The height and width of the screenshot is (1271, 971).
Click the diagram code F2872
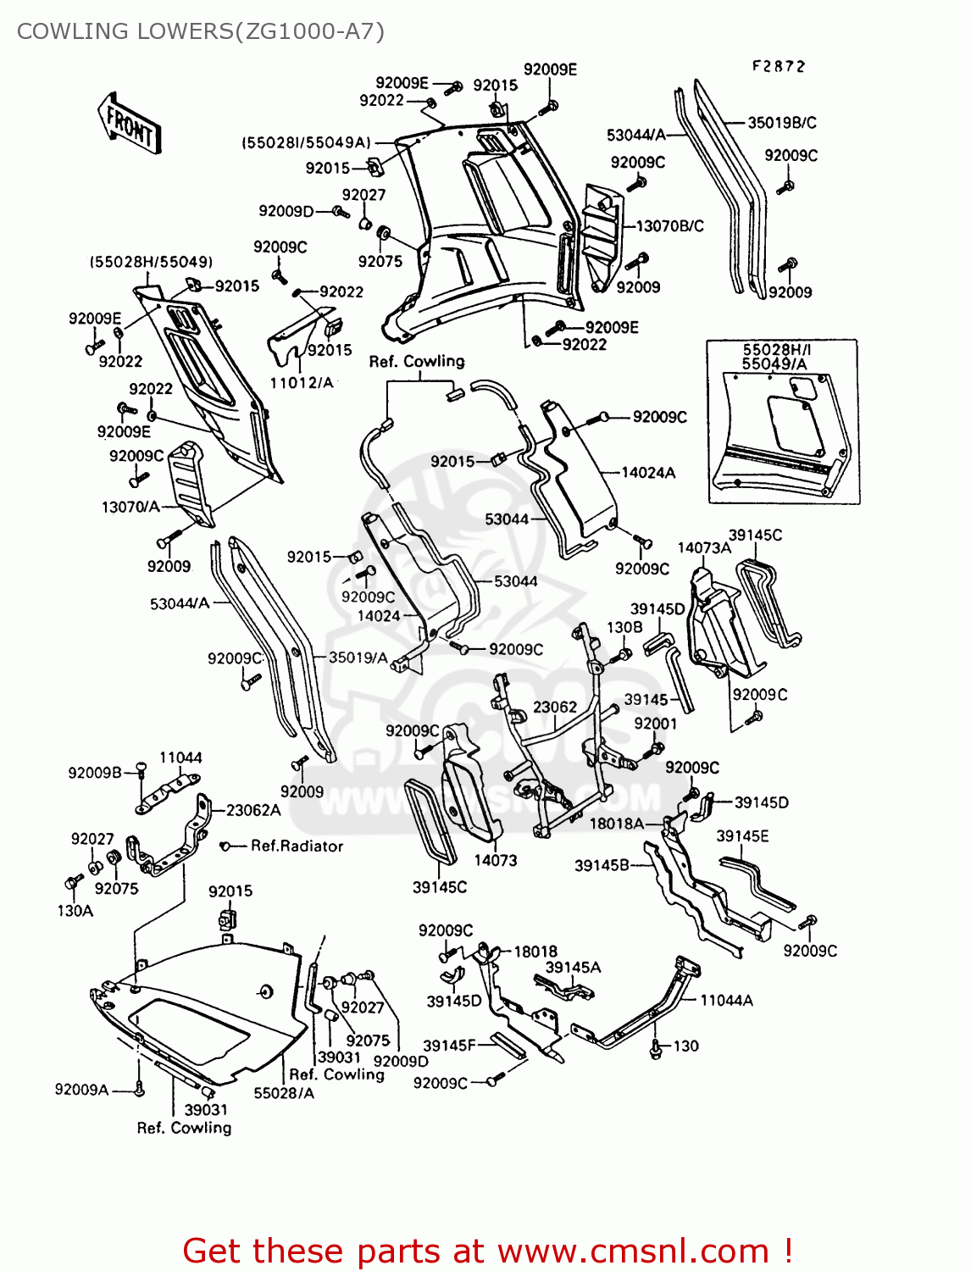pos(778,66)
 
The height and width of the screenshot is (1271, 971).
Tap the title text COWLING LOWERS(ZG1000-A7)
pos(201,31)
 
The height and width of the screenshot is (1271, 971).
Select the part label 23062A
pos(253,810)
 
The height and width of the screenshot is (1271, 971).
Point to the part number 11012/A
pos(302,383)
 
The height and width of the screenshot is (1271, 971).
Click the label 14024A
pos(648,473)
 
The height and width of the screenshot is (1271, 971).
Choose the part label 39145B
pos(602,865)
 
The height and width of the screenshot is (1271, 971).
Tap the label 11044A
pos(726,1001)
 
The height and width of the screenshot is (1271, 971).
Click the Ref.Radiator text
pos(297,846)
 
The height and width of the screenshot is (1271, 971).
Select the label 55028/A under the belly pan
pos(284,1093)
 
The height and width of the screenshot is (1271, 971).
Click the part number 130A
pos(75,911)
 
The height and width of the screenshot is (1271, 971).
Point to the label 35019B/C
pos(781,123)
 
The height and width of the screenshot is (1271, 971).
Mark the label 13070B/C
pos(669,226)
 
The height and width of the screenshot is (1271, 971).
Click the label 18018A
pos(616,823)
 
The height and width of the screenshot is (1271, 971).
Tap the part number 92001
pos(655,723)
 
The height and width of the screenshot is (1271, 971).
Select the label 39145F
pos(449,1046)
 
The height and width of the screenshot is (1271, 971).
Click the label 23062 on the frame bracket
pos(555,707)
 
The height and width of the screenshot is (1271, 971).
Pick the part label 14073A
pos(703,548)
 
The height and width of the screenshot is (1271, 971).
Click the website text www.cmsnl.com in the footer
pos(632,1251)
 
